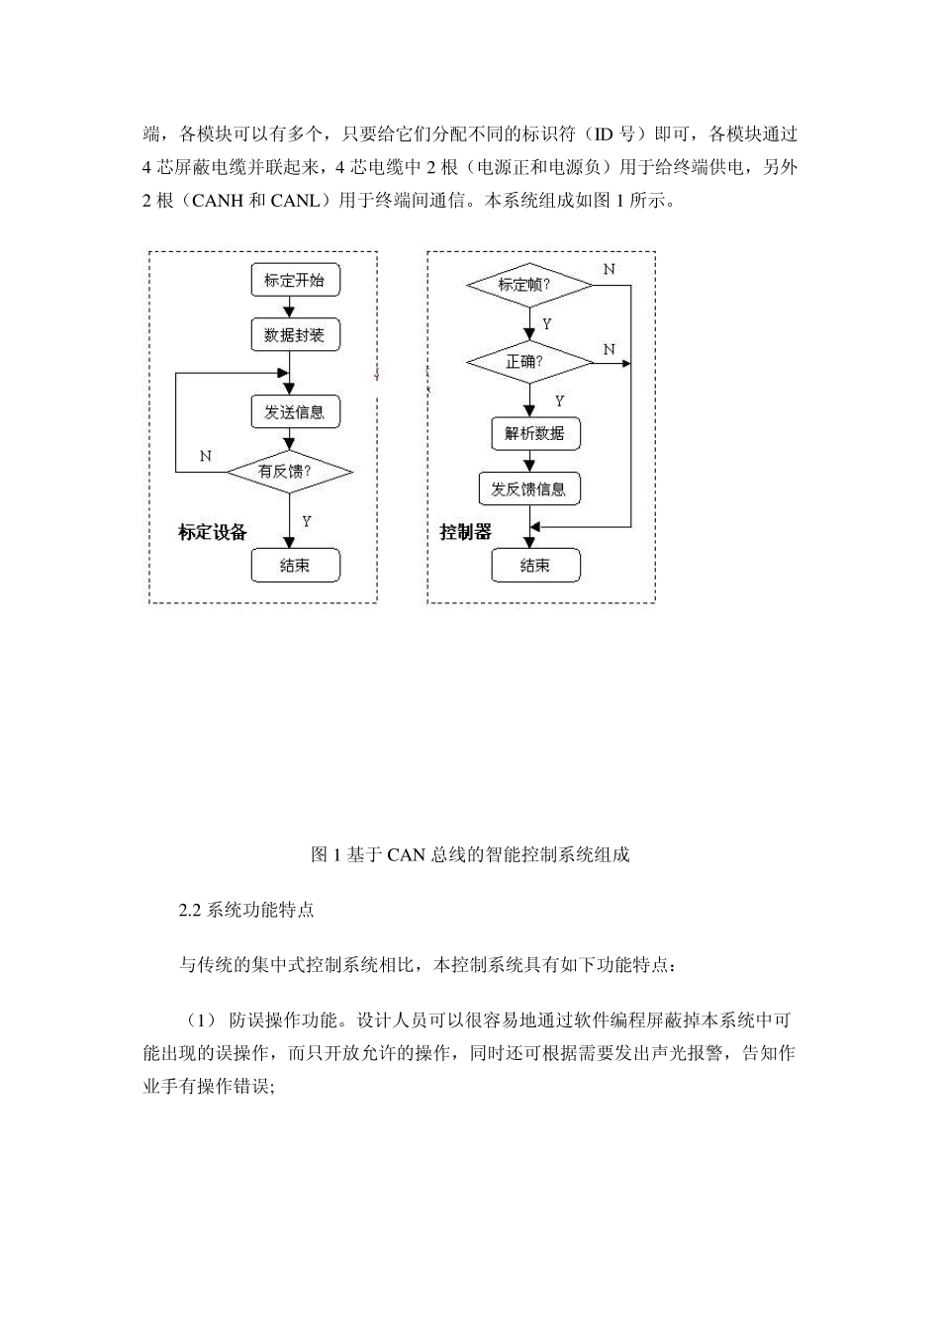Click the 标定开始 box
(x=294, y=280)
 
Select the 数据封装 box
(x=294, y=335)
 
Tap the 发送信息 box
(x=294, y=410)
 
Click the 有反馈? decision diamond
(x=289, y=473)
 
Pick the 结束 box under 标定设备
(x=294, y=566)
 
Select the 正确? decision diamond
(x=529, y=362)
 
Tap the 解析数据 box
(x=534, y=433)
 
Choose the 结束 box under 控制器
(x=534, y=566)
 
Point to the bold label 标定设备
(x=213, y=532)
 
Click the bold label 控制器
(x=465, y=532)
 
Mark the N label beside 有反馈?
(x=206, y=456)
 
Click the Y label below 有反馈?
(x=308, y=522)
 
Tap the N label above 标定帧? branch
(x=609, y=269)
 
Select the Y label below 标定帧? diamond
(x=548, y=324)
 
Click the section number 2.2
(x=190, y=910)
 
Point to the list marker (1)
(x=197, y=1019)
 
